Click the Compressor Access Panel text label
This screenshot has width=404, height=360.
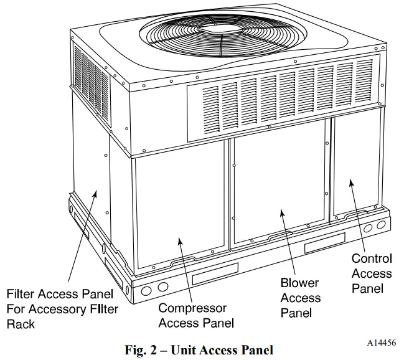(196, 315)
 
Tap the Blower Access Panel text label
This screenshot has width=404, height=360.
(301, 298)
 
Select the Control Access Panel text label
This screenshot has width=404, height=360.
(372, 273)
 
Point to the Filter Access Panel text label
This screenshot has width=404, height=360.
(60, 309)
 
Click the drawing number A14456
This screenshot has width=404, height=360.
(381, 343)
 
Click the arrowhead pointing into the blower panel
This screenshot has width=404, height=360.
(282, 211)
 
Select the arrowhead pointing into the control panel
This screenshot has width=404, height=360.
(350, 182)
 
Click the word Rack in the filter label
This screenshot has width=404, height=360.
(21, 324)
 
